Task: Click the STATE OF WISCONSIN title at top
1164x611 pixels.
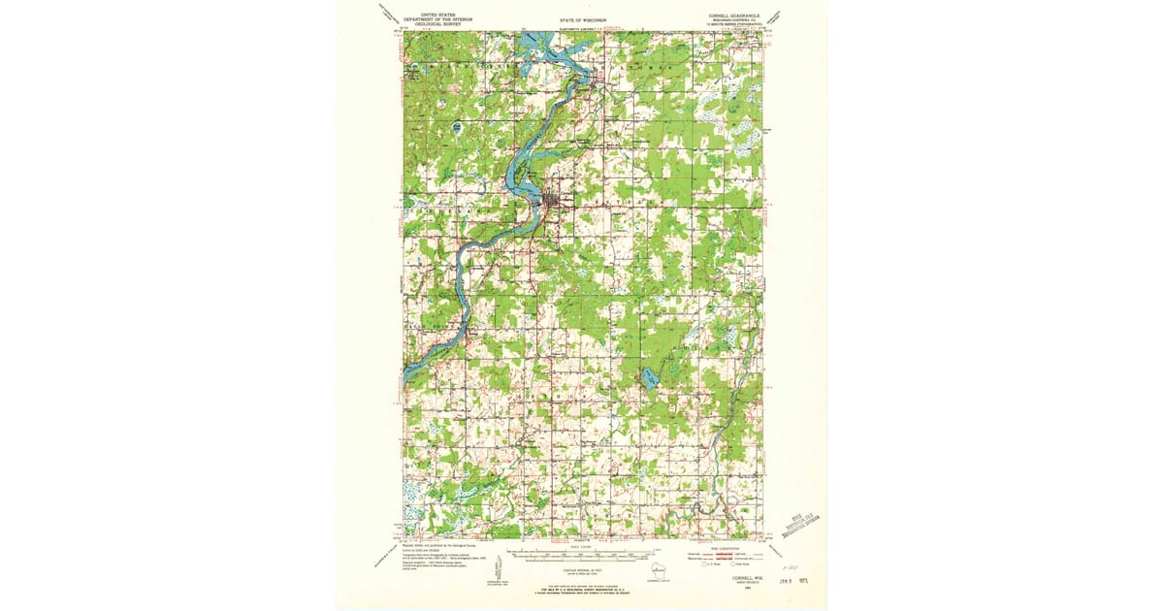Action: (582, 18)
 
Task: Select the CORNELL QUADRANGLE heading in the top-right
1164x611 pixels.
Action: (734, 15)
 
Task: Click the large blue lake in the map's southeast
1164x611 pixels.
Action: (646, 377)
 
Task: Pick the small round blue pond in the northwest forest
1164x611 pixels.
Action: (455, 127)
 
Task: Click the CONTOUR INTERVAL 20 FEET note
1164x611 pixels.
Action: (582, 571)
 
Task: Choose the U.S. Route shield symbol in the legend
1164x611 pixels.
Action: (704, 564)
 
